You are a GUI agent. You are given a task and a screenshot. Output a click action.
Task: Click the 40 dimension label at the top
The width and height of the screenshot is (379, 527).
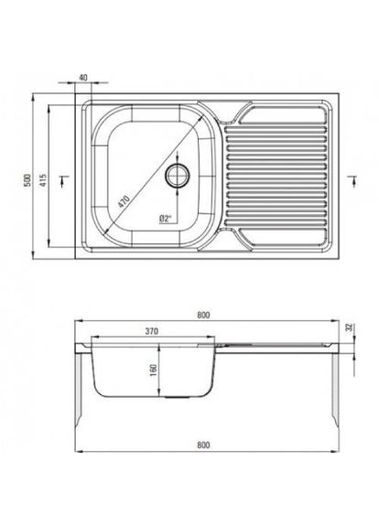coord(83,78)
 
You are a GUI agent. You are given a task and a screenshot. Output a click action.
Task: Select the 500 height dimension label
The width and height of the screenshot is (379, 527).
coord(27,180)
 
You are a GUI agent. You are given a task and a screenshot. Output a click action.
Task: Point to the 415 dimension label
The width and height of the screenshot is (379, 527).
coord(43,180)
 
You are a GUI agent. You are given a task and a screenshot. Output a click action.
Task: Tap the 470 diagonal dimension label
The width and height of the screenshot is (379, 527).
coord(124,201)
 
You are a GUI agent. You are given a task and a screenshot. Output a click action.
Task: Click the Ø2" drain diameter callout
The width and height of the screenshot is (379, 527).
coord(165,219)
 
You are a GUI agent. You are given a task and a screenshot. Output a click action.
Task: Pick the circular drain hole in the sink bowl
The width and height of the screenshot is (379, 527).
coord(178,175)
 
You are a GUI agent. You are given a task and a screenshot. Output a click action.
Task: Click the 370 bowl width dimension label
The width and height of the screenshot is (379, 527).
coord(152,331)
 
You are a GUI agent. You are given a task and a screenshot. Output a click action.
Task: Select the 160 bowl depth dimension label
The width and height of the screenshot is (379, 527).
coord(154,371)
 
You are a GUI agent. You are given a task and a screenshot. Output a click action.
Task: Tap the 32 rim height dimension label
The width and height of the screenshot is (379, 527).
coord(352,327)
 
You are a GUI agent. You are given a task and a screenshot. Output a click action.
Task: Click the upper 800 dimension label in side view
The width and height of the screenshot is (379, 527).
coord(203,315)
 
